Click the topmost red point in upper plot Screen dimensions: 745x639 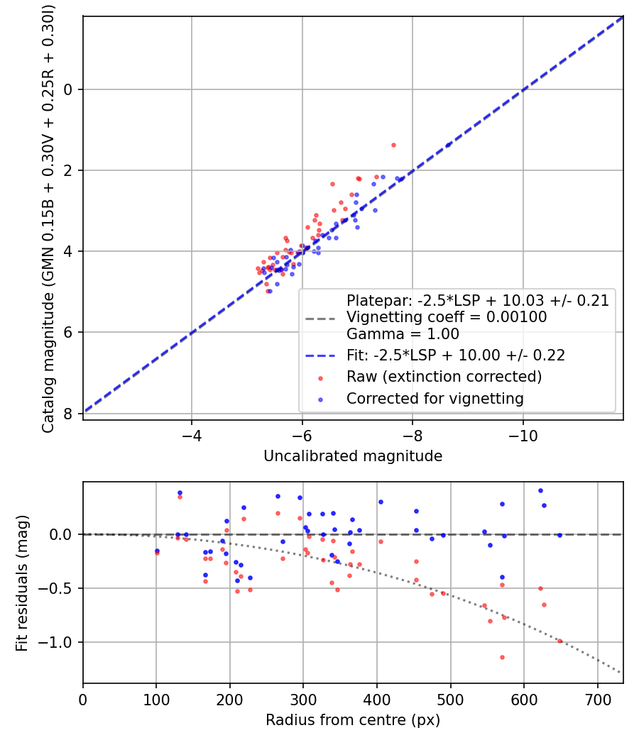pos(393,145)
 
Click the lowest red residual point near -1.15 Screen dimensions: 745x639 pos(502,657)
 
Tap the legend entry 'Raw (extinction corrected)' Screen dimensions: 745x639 pos(444,376)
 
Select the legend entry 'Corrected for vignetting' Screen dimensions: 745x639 pos(435,399)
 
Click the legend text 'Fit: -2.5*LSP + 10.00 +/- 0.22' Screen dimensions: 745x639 pos(455,355)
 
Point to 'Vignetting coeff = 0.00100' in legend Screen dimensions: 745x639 pos(447,317)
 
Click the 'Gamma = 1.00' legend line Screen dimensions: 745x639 pos(403,333)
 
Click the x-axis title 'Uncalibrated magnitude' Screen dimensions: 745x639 pos(353,456)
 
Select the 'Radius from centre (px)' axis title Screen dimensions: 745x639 pos(353,720)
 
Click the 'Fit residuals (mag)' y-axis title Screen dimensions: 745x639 pos(22,583)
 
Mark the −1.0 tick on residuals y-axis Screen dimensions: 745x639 pos(62,643)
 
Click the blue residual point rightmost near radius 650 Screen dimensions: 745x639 pos(559,535)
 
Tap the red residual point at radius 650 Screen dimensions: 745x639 pos(559,641)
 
